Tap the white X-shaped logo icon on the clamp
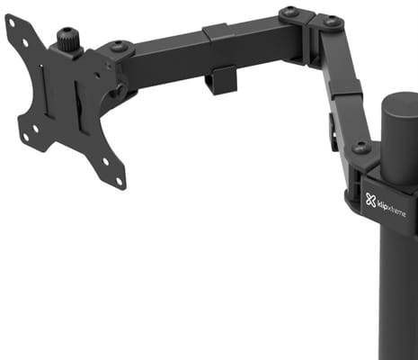point(371,201)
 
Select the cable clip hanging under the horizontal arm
point(220,80)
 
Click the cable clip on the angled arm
point(333,132)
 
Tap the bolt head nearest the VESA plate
point(117,48)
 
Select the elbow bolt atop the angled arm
point(332,22)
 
